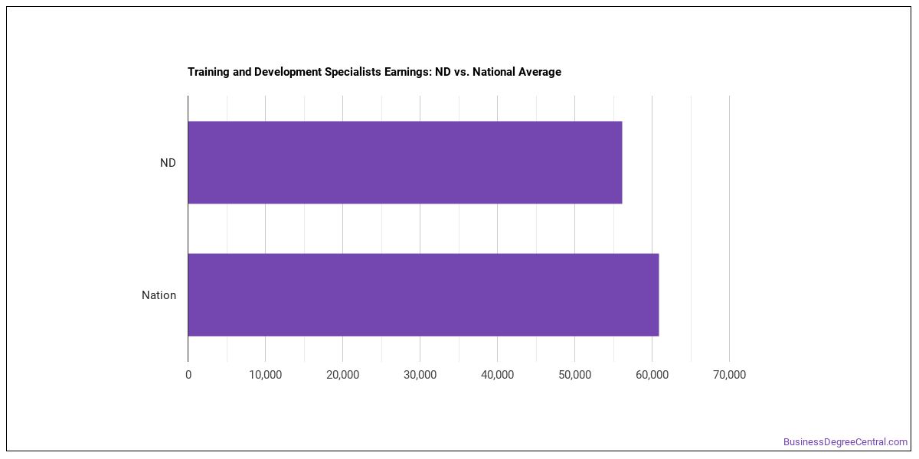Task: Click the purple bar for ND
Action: click(x=405, y=162)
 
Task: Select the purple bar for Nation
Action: click(x=424, y=295)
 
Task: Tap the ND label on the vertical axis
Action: click(x=168, y=163)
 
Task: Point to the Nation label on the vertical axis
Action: click(x=159, y=295)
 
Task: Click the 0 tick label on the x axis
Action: click(x=188, y=375)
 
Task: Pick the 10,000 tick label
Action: click(x=266, y=375)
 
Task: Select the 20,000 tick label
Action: click(x=342, y=375)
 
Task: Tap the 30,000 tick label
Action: click(x=420, y=375)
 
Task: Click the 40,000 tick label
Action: click(x=497, y=375)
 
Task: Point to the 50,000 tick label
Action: click(x=575, y=375)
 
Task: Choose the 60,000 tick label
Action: click(x=652, y=375)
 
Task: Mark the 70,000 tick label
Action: click(x=729, y=375)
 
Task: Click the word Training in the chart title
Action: click(x=208, y=72)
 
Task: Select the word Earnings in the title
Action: click(x=407, y=72)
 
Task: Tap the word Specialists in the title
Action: click(x=353, y=72)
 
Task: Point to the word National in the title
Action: click(x=493, y=72)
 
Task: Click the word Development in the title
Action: click(x=288, y=72)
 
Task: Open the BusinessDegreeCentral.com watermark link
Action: click(x=845, y=442)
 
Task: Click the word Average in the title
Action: click(x=539, y=72)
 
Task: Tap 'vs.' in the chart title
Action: click(x=462, y=72)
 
